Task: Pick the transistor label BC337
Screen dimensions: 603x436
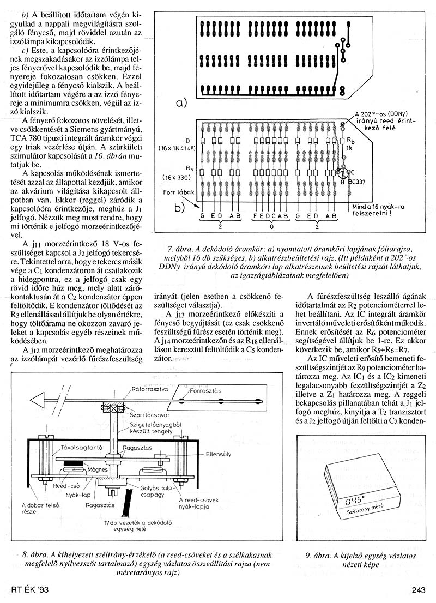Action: pyautogui.click(x=364, y=184)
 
